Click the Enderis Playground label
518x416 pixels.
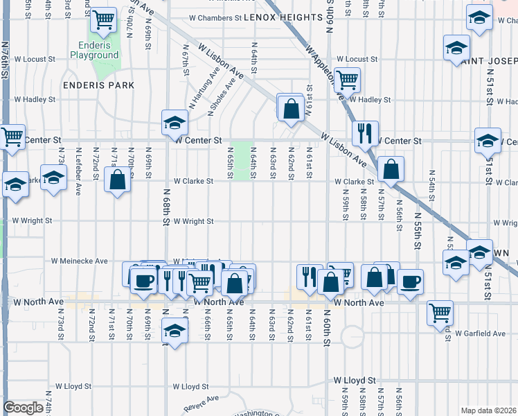[94, 50]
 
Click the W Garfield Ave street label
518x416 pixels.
[480, 333]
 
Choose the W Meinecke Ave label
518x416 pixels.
[80, 261]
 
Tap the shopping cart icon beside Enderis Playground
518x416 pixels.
[104, 21]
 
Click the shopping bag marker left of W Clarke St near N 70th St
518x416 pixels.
[118, 180]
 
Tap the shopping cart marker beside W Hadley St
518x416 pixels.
[346, 80]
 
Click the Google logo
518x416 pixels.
[23, 408]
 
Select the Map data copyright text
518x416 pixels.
[488, 410]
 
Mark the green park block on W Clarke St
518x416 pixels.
[240, 161]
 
